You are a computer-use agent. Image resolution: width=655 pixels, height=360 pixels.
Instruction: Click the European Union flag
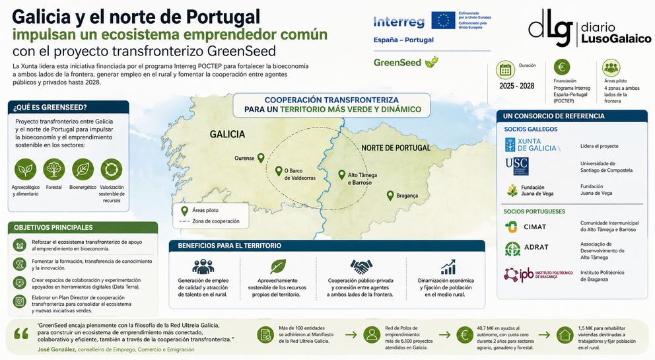tap(443, 20)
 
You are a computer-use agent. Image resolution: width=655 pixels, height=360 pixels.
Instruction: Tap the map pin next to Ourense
tap(261, 158)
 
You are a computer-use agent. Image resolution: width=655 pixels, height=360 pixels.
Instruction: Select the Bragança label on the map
tap(407, 196)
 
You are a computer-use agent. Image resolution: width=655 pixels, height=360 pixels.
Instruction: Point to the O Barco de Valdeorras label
tap(300, 174)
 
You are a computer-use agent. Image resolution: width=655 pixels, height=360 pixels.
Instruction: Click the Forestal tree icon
tap(54, 170)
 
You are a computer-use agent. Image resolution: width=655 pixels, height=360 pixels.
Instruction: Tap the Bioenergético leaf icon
tap(83, 170)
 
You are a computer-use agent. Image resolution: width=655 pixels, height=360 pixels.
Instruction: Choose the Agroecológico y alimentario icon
tap(26, 170)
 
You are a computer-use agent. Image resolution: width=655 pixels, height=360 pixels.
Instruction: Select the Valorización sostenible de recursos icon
tap(111, 170)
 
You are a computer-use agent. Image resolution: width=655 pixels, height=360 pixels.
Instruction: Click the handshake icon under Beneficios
tap(361, 267)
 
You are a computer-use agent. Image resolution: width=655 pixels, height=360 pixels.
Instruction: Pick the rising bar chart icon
tap(449, 267)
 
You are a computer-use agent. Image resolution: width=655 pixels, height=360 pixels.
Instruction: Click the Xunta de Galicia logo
tap(531, 145)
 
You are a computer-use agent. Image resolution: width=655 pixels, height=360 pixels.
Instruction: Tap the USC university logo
tap(516, 166)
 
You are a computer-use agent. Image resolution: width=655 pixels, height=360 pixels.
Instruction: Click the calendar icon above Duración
tap(506, 69)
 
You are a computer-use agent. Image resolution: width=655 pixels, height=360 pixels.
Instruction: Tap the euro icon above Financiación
tap(563, 67)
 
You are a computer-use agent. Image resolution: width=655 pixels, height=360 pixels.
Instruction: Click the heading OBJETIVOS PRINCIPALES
tap(53, 227)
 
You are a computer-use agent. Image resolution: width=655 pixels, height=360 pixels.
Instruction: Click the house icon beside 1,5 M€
tap(565, 334)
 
